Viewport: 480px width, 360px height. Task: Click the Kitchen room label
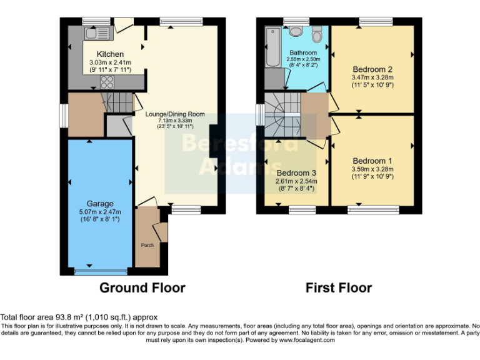point(110,54)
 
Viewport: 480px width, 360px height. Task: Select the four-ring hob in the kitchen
point(107,82)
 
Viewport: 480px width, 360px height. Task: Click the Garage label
point(100,204)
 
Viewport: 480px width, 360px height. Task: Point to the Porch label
point(147,245)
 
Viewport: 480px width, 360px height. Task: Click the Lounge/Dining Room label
point(175,114)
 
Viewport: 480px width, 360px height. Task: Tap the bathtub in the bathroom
point(272,47)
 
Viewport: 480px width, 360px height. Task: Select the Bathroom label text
point(303,52)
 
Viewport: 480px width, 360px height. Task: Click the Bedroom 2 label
point(372,69)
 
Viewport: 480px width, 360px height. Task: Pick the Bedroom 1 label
point(372,161)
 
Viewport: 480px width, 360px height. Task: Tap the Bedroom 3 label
point(296,173)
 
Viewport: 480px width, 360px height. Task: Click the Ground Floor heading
point(142,287)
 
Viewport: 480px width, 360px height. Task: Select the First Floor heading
point(339,287)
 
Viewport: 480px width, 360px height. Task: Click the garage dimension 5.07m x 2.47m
point(100,212)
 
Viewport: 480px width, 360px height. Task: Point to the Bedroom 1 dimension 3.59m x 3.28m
point(372,169)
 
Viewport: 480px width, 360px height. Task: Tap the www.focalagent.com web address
point(307,340)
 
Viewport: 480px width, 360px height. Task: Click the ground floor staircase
point(117,103)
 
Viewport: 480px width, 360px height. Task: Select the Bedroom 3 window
point(302,210)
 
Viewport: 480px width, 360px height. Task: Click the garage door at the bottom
point(101,271)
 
